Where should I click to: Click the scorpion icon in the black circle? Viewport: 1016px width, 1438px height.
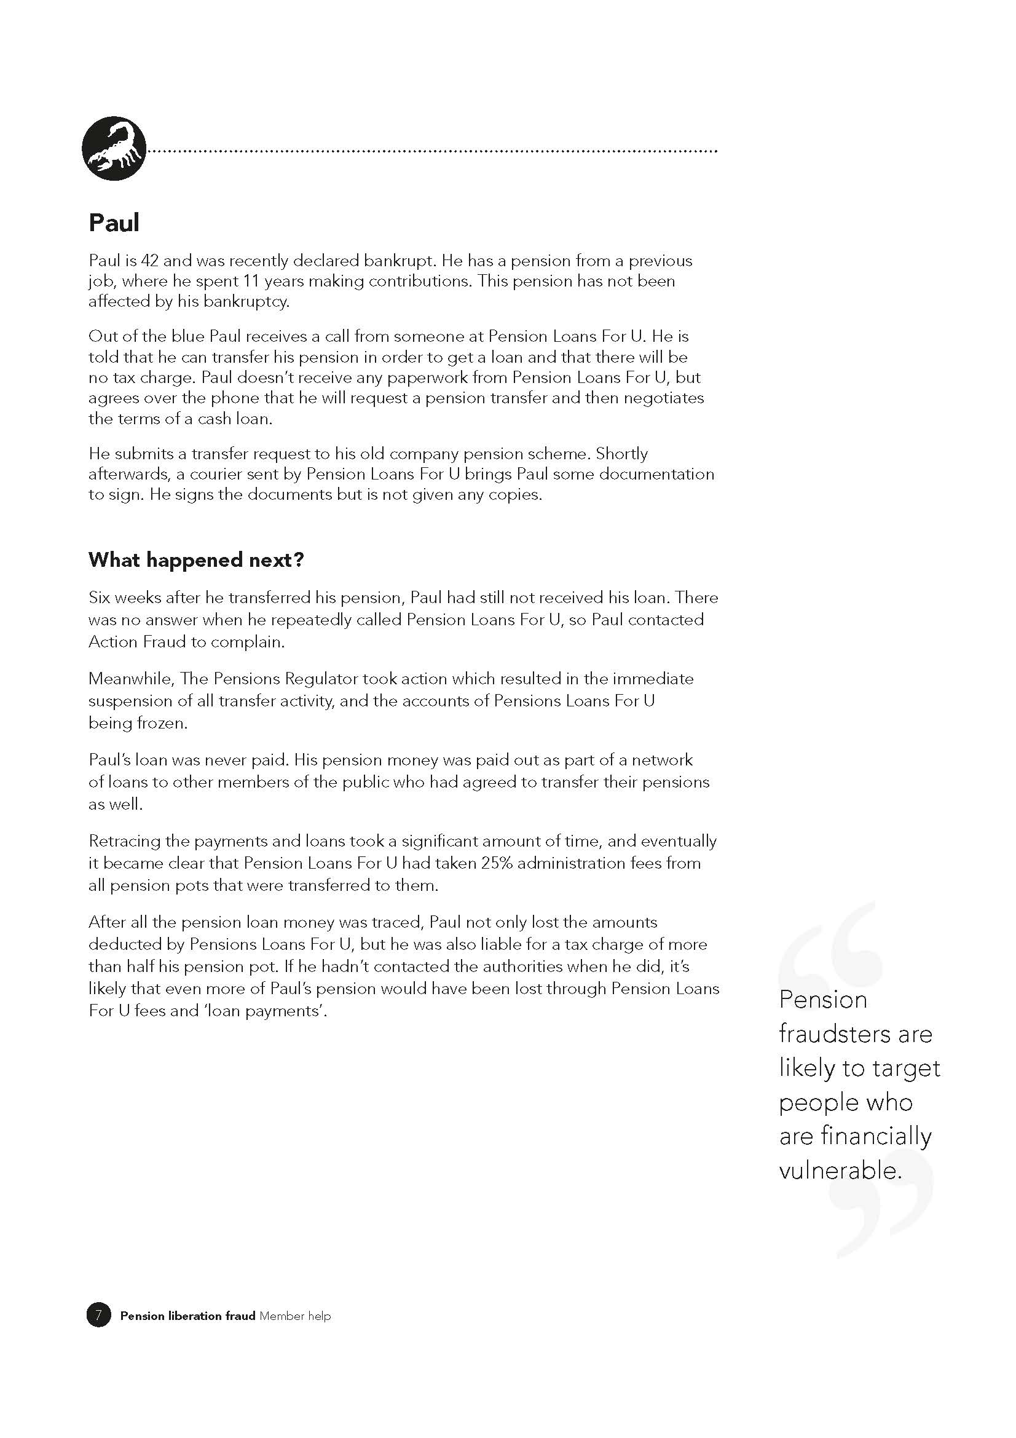114,148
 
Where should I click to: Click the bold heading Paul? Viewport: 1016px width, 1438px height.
114,223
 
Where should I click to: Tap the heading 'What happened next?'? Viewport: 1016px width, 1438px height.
196,559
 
